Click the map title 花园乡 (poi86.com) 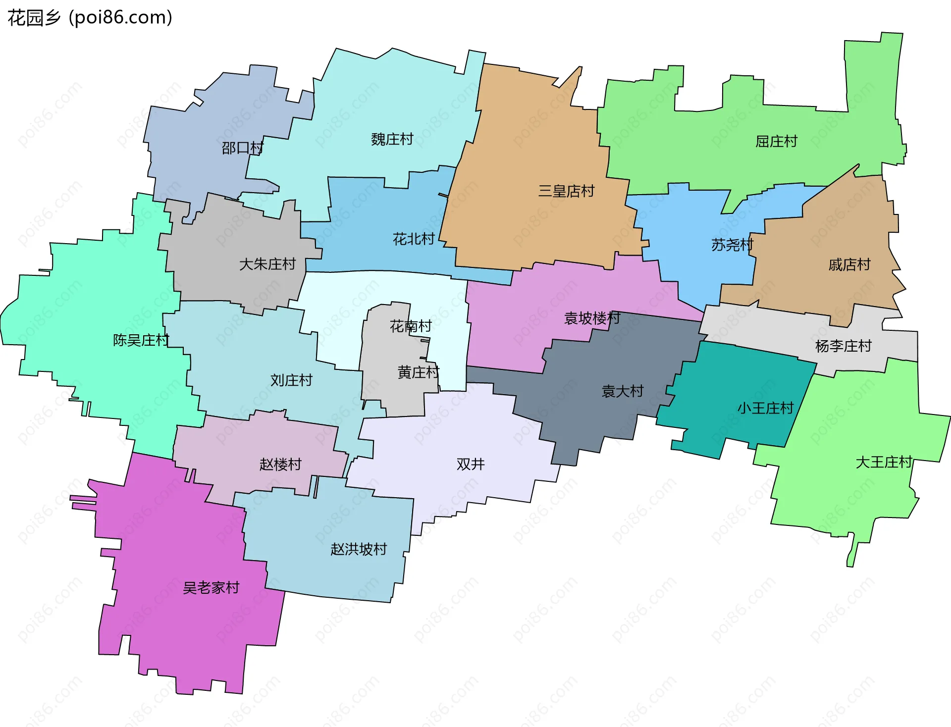point(90,18)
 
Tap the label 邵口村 point(242,148)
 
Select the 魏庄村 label point(392,139)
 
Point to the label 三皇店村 point(566,191)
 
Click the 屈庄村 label point(776,142)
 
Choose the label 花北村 point(413,239)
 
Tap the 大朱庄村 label point(267,264)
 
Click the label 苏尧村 point(732,245)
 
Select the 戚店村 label point(849,264)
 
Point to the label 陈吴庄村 point(141,340)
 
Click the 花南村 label point(411,326)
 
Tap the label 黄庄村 point(418,372)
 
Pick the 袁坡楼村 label point(592,318)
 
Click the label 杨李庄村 point(843,346)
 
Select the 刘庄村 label point(291,380)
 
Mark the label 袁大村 point(622,391)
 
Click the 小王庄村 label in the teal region point(765,408)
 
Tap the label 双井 point(470,464)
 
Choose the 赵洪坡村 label point(358,549)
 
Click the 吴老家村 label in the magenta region point(211,588)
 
